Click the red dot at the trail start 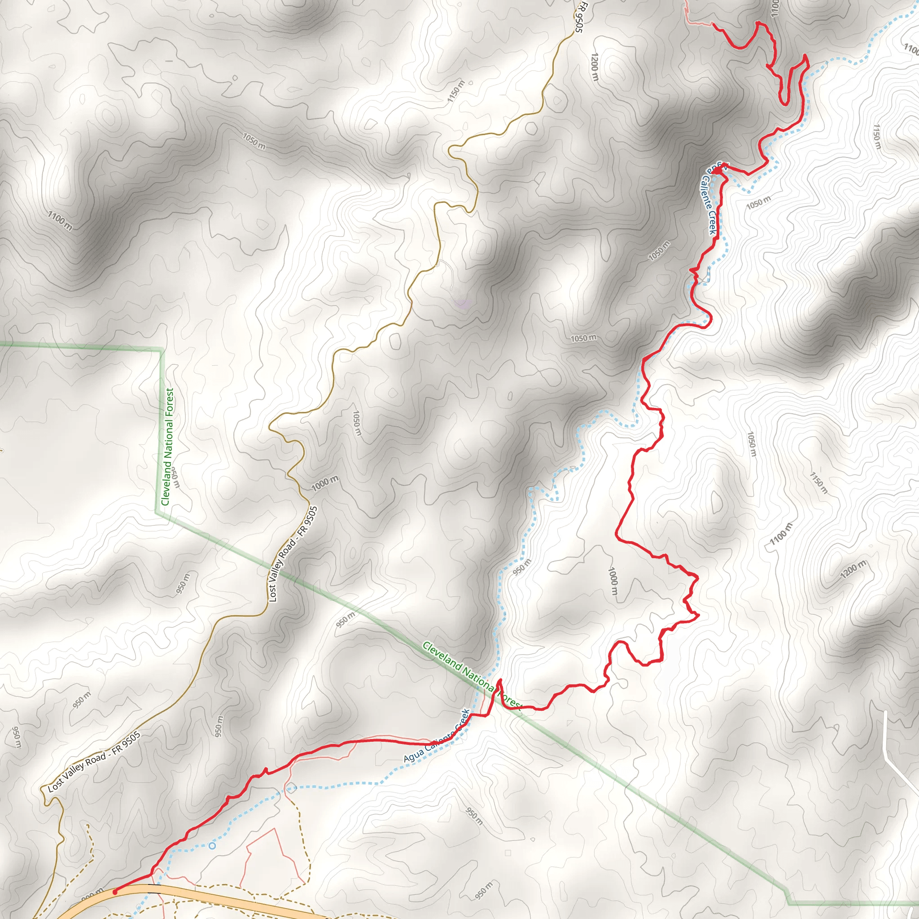point(114,893)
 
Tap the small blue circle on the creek point(212,846)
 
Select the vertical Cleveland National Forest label point(167,447)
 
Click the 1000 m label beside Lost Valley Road point(325,484)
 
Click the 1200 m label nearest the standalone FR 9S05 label point(594,66)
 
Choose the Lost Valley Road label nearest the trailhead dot point(94,762)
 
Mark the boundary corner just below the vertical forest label point(156,512)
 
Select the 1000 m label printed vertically point(613,581)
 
